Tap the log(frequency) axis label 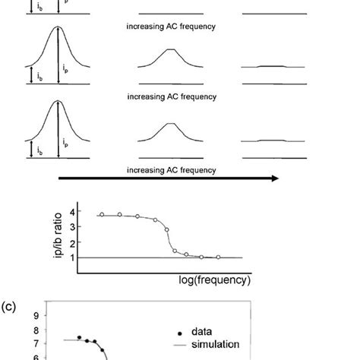click(214, 280)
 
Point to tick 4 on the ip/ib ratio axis click(72, 211)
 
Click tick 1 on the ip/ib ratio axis click(72, 257)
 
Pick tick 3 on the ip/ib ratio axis click(72, 226)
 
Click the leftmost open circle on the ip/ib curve click(101, 215)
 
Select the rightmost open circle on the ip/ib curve click(218, 257)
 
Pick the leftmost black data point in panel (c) click(78, 336)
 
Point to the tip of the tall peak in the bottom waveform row click(58, 103)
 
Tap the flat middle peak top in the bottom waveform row click(172, 124)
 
